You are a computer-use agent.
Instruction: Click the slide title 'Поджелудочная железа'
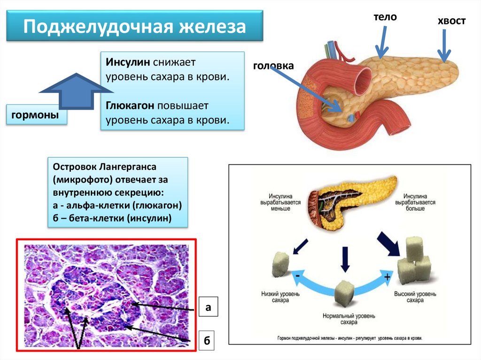click(135, 26)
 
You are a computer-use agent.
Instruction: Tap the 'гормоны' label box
click(36, 115)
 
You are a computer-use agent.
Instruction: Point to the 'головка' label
click(273, 67)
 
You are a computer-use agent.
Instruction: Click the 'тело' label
click(385, 17)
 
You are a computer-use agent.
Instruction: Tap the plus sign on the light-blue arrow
click(387, 277)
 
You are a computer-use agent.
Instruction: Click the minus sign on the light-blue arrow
click(297, 276)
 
